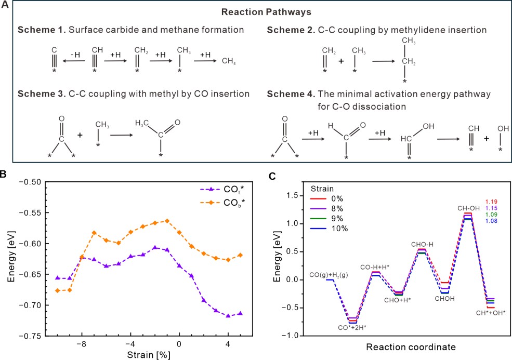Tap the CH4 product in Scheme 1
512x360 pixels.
(228, 61)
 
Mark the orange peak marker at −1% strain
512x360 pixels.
(167, 220)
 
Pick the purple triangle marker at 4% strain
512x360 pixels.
(228, 315)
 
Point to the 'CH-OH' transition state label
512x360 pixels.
(468, 208)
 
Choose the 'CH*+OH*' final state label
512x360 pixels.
(491, 313)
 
